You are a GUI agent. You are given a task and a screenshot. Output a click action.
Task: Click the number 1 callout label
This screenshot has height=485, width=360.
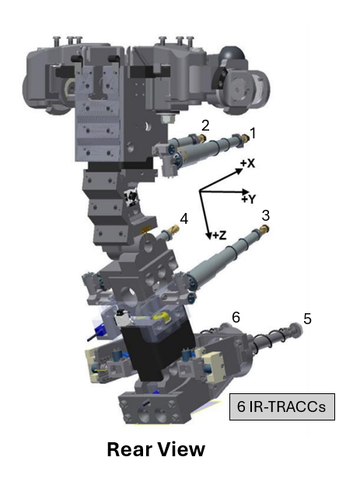pyautogui.click(x=250, y=132)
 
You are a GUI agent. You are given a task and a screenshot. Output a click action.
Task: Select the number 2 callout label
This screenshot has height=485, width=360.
pyautogui.click(x=204, y=124)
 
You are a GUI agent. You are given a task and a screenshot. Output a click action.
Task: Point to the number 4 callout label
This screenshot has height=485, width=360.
pyautogui.click(x=183, y=219)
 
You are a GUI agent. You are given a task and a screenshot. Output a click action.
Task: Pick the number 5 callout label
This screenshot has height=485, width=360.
pyautogui.click(x=307, y=318)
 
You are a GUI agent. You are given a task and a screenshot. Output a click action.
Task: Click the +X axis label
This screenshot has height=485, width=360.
pyautogui.click(x=247, y=164)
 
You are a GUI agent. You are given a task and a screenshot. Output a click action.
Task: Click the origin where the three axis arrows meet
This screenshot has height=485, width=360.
pyautogui.click(x=201, y=191)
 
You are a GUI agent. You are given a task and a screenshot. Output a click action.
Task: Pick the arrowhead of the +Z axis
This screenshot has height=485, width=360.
pyautogui.click(x=207, y=235)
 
